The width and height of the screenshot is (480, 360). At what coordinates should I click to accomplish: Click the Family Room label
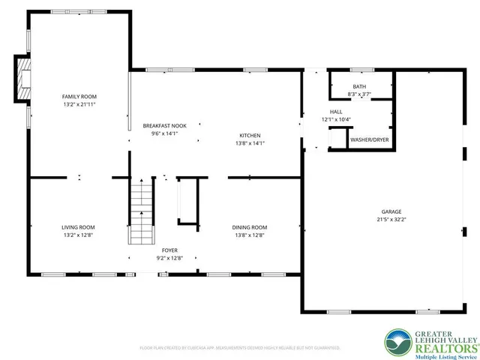(x=79, y=97)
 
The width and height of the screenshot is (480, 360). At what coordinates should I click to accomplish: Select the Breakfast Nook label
(x=164, y=126)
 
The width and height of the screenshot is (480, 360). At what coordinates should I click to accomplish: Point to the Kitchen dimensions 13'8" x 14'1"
(x=250, y=143)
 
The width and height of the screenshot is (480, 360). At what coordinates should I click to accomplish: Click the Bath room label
(x=359, y=87)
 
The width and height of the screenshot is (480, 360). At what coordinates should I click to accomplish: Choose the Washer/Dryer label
(x=370, y=139)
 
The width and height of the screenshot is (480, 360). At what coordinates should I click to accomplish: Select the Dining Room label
(x=250, y=227)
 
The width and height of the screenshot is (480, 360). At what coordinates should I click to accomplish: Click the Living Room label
(x=78, y=227)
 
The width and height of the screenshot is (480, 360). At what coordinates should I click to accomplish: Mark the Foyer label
(x=170, y=250)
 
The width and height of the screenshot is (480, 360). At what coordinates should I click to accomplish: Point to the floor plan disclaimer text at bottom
(x=240, y=348)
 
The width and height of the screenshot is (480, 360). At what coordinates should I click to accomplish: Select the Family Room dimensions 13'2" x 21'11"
(x=79, y=105)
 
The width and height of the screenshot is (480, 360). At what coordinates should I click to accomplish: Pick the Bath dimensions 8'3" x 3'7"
(x=359, y=94)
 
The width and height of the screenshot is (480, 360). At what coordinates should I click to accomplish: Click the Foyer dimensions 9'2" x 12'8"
(x=170, y=258)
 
